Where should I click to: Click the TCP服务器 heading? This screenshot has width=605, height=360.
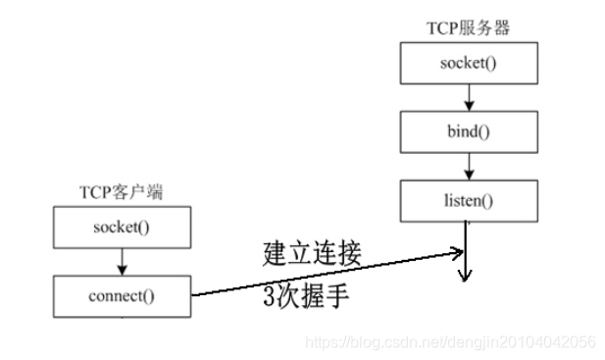469,29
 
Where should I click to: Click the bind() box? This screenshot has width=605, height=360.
468,130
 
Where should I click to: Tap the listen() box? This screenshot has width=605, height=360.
468,199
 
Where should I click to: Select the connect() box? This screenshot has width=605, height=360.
121,295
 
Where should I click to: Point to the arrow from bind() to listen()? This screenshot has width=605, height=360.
468,165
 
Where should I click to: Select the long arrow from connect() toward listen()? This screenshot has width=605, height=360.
324,275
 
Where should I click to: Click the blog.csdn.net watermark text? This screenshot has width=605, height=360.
451,341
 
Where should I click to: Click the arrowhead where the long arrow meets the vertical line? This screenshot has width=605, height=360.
459,253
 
